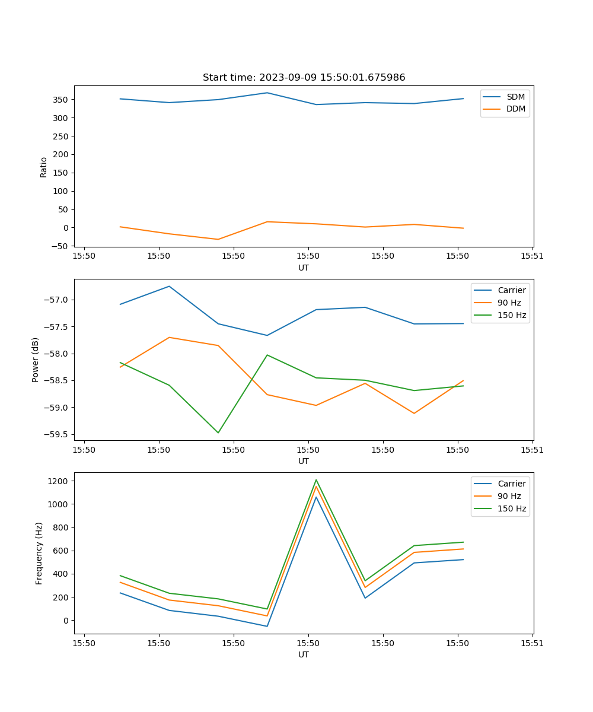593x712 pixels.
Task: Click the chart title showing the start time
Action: pyautogui.click(x=304, y=78)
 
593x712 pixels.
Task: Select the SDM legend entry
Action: pyautogui.click(x=515, y=97)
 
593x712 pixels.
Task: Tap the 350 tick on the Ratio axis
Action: pyautogui.click(x=61, y=100)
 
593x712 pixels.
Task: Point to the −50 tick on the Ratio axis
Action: pyautogui.click(x=59, y=246)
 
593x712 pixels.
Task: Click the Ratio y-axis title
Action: pyautogui.click(x=44, y=167)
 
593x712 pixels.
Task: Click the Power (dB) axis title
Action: pyautogui.click(x=36, y=360)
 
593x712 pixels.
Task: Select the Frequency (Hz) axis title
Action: pyautogui.click(x=39, y=553)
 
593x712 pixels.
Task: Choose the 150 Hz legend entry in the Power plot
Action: pyautogui.click(x=512, y=315)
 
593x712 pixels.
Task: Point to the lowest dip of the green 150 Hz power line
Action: pyautogui.click(x=218, y=433)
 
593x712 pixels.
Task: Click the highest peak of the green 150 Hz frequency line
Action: pyautogui.click(x=316, y=480)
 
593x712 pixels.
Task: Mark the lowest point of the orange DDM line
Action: pyautogui.click(x=218, y=239)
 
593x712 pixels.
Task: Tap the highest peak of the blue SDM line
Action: pyautogui.click(x=267, y=93)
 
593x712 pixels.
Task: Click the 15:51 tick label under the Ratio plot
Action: pyautogui.click(x=532, y=257)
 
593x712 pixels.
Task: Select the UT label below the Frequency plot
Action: pyautogui.click(x=304, y=654)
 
